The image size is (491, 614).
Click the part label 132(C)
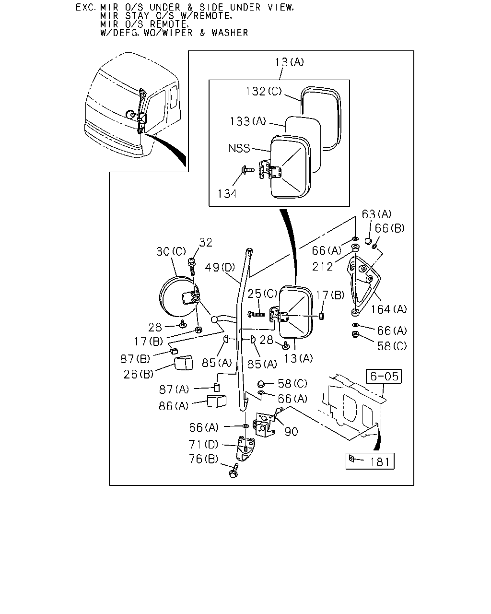(263, 91)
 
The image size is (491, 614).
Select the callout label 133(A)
(247, 121)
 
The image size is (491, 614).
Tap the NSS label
(239, 148)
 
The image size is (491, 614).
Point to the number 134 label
(227, 194)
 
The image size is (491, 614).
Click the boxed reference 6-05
(384, 376)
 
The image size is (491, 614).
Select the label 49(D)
(220, 267)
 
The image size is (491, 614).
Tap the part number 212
(322, 267)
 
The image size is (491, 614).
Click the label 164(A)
(388, 309)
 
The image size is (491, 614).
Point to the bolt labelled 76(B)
(234, 471)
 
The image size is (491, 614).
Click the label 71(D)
(203, 444)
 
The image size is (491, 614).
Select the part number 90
(291, 432)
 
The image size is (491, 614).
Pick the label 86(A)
(174, 406)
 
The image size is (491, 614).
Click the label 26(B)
(139, 374)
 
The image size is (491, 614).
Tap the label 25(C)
(262, 294)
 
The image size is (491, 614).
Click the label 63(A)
(376, 214)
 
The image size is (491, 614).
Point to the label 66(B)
(389, 228)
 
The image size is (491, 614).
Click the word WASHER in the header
(230, 33)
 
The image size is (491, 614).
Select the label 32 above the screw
(205, 243)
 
